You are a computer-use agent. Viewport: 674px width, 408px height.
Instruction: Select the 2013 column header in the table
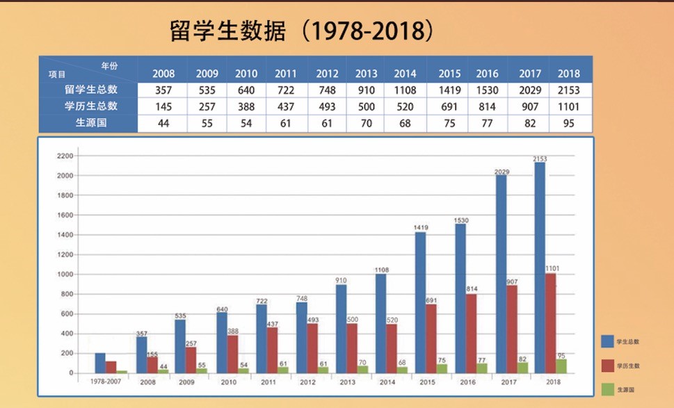[366, 73]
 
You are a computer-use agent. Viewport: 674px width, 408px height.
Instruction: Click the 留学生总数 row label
[90, 90]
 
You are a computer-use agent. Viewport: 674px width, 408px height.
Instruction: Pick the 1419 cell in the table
[449, 90]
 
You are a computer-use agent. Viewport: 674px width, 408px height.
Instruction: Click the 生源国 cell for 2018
[568, 123]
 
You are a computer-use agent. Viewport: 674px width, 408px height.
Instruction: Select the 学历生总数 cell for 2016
[487, 106]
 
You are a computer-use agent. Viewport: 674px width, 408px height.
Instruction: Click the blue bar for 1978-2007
[100, 363]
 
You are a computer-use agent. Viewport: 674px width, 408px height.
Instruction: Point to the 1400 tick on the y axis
[65, 235]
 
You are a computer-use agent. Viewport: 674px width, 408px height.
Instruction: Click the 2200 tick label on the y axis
[65, 156]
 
